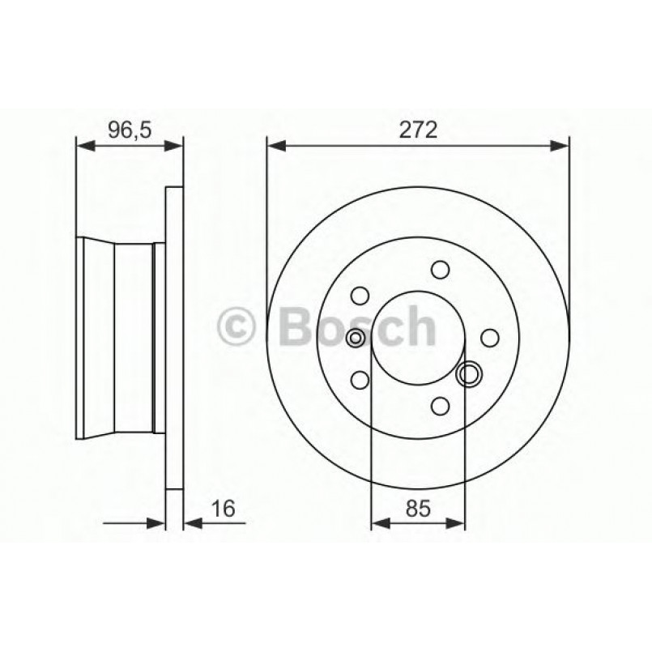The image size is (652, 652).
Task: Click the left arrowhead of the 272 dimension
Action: pyautogui.click(x=275, y=146)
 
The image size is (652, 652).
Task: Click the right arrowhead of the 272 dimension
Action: pyautogui.click(x=560, y=146)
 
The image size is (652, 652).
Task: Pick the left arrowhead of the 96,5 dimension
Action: pyautogui.click(x=83, y=146)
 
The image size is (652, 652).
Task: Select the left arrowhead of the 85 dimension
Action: pyautogui.click(x=379, y=524)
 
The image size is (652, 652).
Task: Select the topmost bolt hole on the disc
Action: pyautogui.click(x=440, y=269)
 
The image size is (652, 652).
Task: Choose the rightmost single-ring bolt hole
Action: pyautogui.click(x=489, y=337)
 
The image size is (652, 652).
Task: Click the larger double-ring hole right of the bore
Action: pyautogui.click(x=469, y=373)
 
